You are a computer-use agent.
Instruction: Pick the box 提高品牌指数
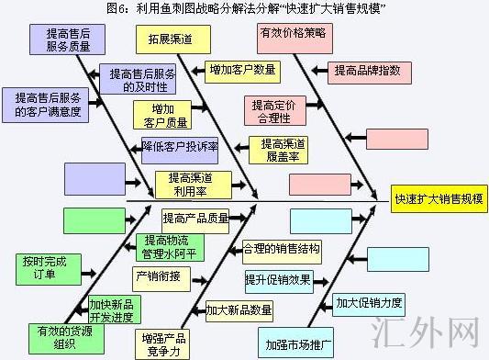click(366, 72)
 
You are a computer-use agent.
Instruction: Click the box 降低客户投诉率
click(180, 146)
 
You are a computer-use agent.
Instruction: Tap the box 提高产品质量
click(195, 219)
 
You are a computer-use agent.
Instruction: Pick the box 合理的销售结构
click(282, 249)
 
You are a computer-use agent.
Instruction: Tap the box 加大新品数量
click(239, 309)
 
